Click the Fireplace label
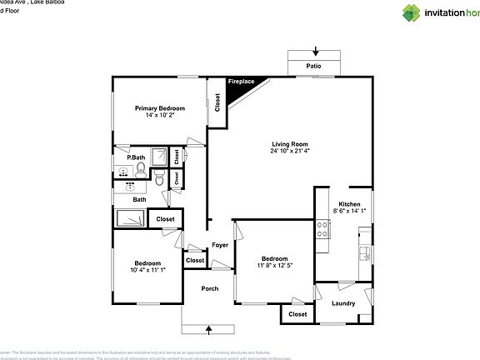tap(242, 82)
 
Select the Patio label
tap(312, 66)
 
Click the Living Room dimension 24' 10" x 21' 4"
tap(289, 151)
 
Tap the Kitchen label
tap(349, 204)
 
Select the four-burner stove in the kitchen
tap(322, 228)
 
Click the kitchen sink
tap(365, 252)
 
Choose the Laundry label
tap(343, 302)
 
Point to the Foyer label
tap(220, 245)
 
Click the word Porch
tap(210, 288)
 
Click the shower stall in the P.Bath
tap(179, 156)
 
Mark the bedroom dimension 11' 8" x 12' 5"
tap(275, 265)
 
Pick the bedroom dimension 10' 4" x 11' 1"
tap(148, 269)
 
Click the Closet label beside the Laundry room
tap(297, 314)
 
